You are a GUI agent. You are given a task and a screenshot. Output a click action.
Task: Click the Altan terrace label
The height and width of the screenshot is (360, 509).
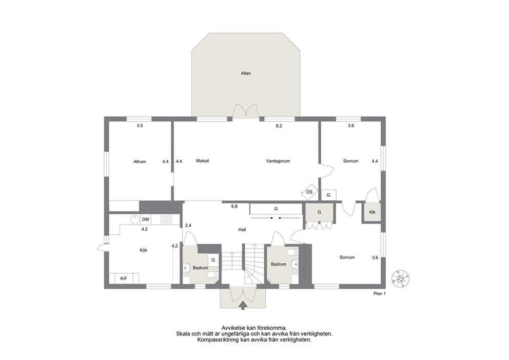click(246, 73)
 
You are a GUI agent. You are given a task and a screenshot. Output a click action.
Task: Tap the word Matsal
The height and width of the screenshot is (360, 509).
click(202, 161)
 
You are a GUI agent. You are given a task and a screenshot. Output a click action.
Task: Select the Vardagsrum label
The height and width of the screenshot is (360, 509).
click(278, 161)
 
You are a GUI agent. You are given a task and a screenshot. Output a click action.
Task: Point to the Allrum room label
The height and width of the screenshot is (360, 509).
click(140, 161)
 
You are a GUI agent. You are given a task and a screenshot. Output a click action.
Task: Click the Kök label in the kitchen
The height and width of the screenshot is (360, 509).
click(144, 250)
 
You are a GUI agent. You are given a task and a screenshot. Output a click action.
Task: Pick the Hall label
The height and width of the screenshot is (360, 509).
click(242, 230)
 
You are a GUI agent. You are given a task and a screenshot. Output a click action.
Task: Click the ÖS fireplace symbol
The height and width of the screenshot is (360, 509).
click(309, 192)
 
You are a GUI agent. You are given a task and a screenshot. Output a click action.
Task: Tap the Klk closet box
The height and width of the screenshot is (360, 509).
click(372, 212)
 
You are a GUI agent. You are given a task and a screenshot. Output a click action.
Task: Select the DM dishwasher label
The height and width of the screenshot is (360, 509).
click(145, 220)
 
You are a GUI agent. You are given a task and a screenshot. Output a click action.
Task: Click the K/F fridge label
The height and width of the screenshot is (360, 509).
click(124, 278)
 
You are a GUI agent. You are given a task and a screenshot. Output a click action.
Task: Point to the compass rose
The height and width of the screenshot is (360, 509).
click(400, 278)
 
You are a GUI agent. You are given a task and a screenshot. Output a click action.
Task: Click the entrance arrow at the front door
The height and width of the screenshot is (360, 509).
click(243, 306)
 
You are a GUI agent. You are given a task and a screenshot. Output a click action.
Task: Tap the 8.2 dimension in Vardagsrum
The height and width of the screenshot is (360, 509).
click(279, 126)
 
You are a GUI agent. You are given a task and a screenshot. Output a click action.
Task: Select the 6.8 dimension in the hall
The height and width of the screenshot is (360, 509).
click(234, 206)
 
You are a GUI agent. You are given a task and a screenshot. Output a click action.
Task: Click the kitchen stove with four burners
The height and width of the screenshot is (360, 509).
click(166, 220)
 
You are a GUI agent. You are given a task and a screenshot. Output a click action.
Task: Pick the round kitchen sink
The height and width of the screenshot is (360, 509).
click(135, 220)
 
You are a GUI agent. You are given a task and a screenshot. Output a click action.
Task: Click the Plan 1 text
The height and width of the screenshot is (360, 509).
click(379, 294)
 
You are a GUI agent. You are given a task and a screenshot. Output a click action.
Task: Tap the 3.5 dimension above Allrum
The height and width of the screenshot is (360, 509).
click(140, 126)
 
